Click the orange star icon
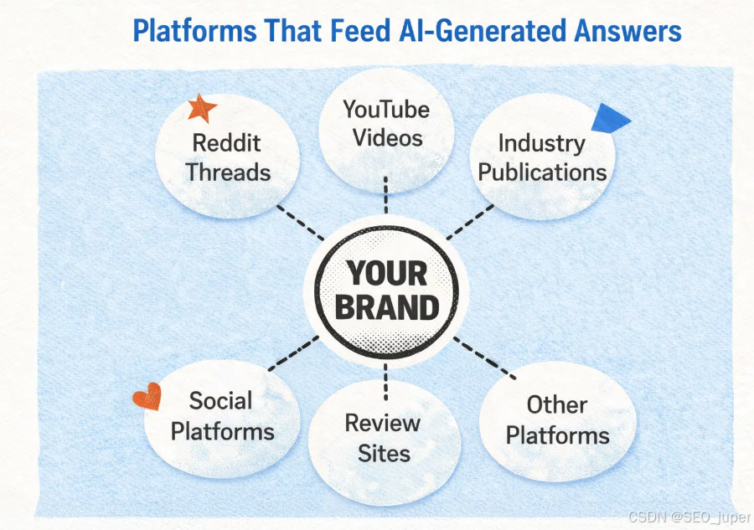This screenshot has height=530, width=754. pyautogui.click(x=202, y=108)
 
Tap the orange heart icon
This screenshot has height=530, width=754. pyautogui.click(x=147, y=397)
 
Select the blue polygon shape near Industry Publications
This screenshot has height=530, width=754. pyautogui.click(x=608, y=119)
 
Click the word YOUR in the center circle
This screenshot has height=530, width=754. pyautogui.click(x=386, y=274)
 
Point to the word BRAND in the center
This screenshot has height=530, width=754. pyautogui.click(x=386, y=307)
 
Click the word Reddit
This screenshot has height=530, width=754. pyautogui.click(x=227, y=142)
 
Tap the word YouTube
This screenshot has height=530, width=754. pyautogui.click(x=386, y=109)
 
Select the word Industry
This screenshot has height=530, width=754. pyautogui.click(x=541, y=142)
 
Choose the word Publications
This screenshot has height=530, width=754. pyautogui.click(x=542, y=172)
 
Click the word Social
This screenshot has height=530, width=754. pyautogui.click(x=220, y=400)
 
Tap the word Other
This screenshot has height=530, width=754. pyautogui.click(x=556, y=405)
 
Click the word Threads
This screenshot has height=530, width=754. pyautogui.click(x=228, y=172)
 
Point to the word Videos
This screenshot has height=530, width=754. pyautogui.click(x=385, y=136)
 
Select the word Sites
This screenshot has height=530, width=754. pyautogui.click(x=385, y=453)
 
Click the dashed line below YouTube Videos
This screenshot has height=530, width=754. pyautogui.click(x=385, y=194)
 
